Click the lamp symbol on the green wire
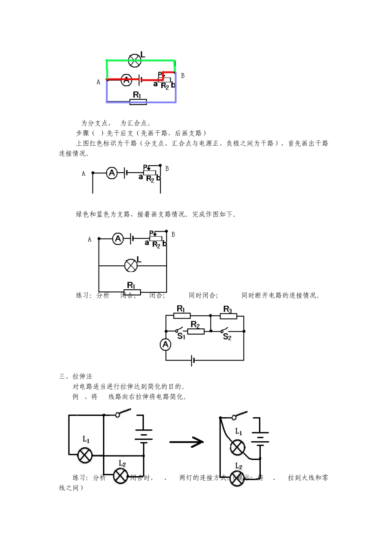pos(134,61)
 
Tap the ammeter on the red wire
pos(127,80)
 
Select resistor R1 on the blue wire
pos(138,101)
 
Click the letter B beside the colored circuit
pos(183,76)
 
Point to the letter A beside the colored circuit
pos(98,82)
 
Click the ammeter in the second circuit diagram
pos(112,173)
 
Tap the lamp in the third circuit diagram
pos(131,266)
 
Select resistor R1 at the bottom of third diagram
pos(132,292)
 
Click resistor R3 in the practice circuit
pos(228,315)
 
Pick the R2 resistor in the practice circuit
pos(196,331)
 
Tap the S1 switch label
pos(181,337)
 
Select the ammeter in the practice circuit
pos(165,345)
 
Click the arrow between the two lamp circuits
pos(187,442)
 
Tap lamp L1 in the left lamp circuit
pos(85,455)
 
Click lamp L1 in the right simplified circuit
pos(237,448)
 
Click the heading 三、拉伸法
pos(76,376)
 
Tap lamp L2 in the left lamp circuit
pos(121,476)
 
